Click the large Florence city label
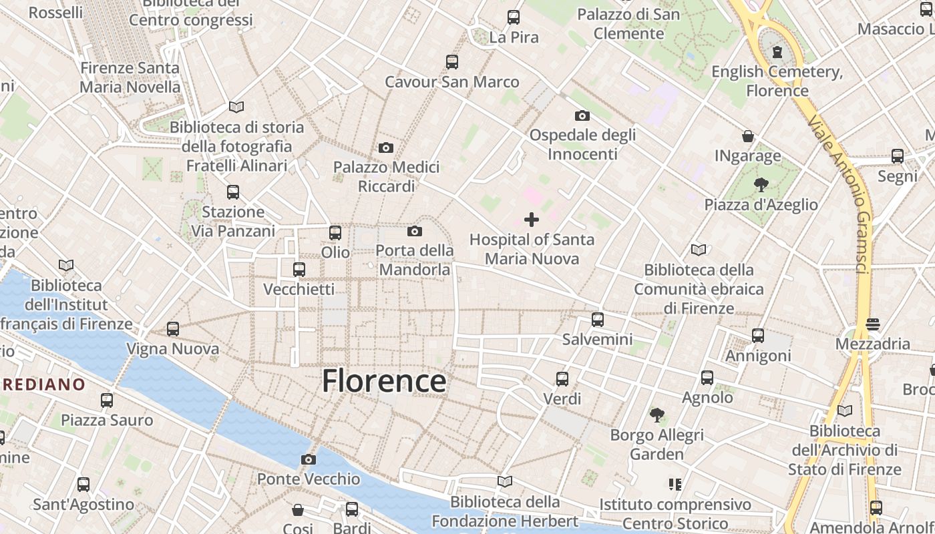point(384,381)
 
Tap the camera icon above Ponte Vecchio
point(308,459)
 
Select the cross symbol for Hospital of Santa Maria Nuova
point(532,219)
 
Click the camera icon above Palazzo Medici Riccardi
point(386,148)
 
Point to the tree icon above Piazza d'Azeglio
point(761,185)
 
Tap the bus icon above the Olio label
point(335,232)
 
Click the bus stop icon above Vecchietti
point(299,269)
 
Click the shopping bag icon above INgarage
point(748,136)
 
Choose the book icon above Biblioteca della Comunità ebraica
point(699,250)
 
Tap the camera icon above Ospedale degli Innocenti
point(582,115)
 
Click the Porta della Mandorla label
point(415,260)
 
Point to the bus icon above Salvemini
point(598,319)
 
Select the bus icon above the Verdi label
point(562,378)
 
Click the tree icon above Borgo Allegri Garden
point(657,415)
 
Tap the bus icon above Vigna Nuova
point(173,328)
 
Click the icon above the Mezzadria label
point(873,324)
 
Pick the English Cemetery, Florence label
point(777,81)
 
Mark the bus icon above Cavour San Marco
point(452,62)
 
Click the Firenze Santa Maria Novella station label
point(130,77)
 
